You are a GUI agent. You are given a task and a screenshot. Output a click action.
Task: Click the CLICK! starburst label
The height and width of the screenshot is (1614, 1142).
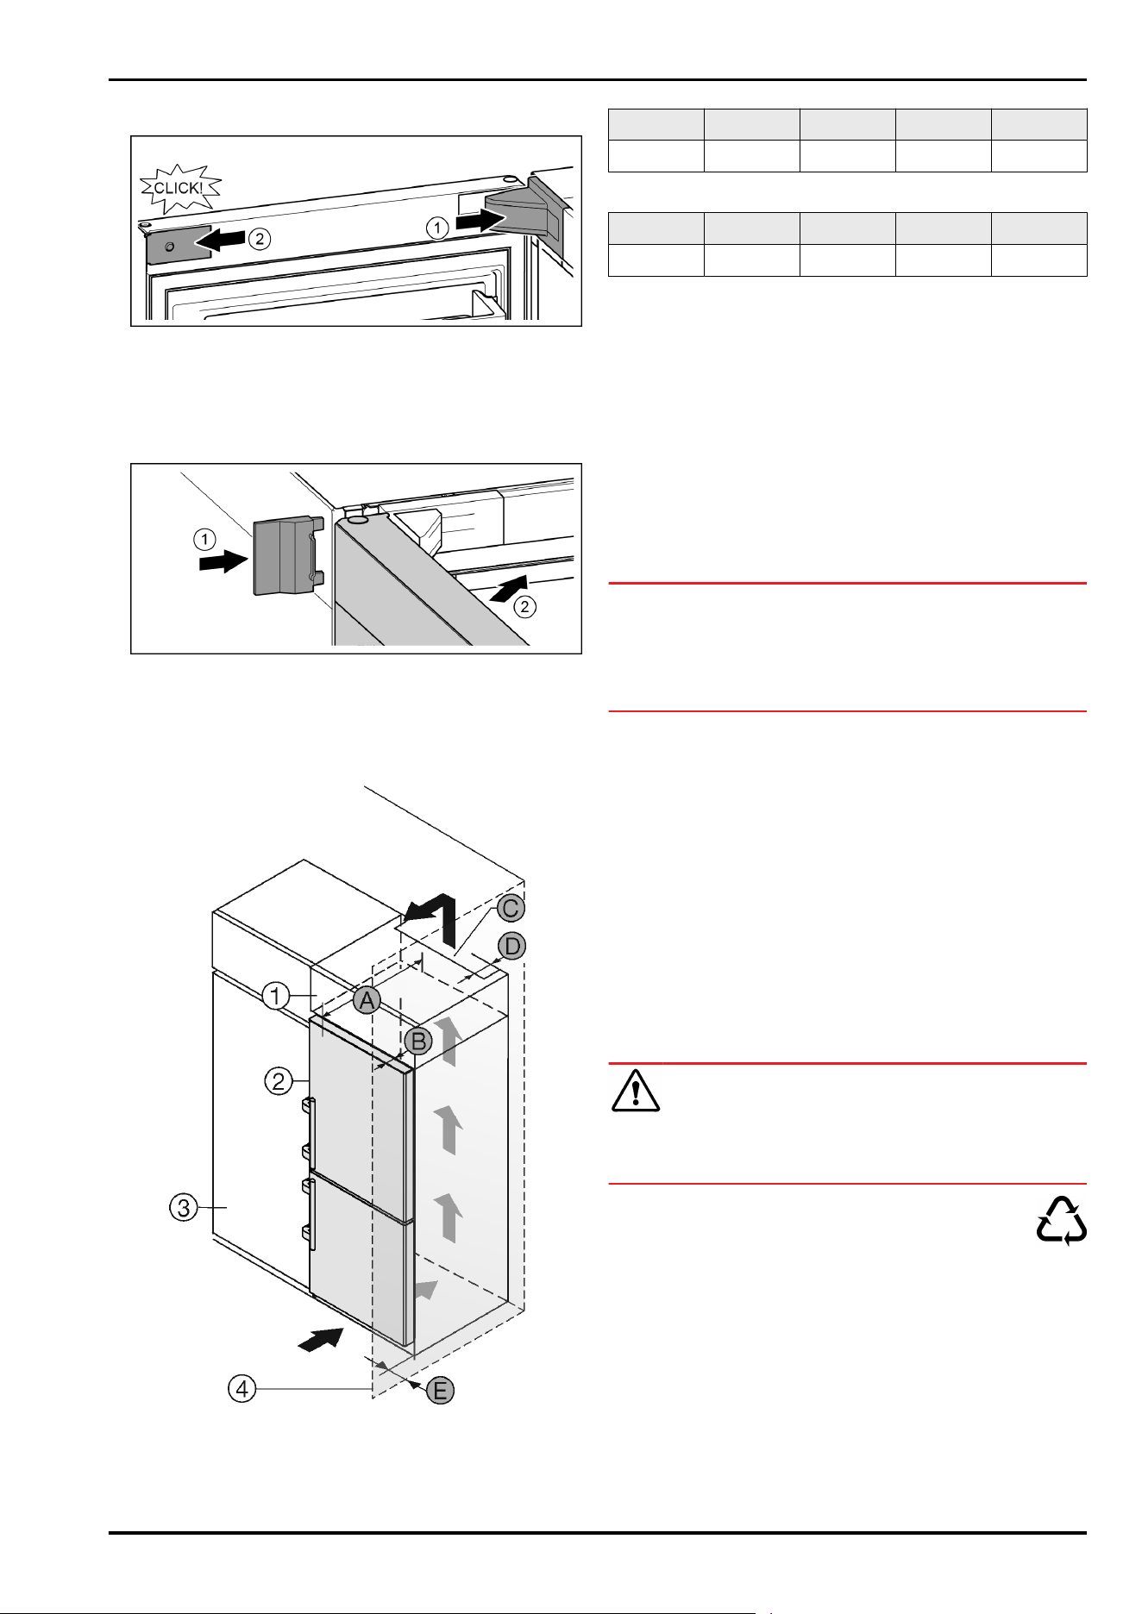[x=179, y=188]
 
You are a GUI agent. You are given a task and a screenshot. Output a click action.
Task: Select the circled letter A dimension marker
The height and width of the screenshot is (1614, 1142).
[x=367, y=1001]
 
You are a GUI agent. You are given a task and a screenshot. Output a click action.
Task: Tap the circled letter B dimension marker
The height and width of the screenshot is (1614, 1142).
[x=418, y=1042]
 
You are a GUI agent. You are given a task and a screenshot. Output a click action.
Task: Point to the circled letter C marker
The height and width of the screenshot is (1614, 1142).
[x=511, y=909]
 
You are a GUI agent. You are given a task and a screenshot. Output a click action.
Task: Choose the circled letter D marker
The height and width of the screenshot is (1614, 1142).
[x=512, y=947]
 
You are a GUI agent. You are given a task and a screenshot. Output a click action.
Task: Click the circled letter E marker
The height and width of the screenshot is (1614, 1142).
[x=440, y=1390]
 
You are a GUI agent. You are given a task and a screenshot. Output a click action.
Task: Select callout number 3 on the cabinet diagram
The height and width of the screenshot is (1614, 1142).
[x=183, y=1208]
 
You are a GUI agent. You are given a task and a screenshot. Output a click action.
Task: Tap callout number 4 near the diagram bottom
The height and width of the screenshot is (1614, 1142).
[x=242, y=1389]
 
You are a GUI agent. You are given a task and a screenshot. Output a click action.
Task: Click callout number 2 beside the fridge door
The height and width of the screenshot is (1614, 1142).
[x=278, y=1080]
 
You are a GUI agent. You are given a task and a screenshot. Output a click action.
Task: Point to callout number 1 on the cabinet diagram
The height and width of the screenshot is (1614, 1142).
[x=276, y=997]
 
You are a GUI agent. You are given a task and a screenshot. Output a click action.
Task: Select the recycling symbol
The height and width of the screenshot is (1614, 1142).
[x=1061, y=1220]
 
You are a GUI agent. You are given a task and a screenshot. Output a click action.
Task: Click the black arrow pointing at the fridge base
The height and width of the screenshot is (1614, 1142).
[x=321, y=1341]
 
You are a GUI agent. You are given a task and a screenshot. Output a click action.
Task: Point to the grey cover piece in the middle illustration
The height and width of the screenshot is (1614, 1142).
[x=282, y=555]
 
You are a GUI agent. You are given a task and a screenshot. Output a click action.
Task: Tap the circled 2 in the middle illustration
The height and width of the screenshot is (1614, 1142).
[x=524, y=607]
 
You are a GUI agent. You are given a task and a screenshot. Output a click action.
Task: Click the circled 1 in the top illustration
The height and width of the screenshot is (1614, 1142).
[x=437, y=228]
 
